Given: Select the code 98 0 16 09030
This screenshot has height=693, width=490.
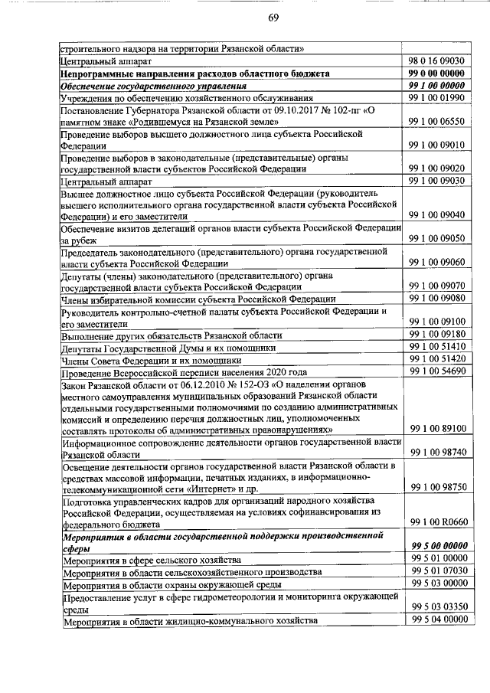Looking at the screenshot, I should pos(438,60).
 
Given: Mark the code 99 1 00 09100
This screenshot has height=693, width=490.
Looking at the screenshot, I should pos(438,321).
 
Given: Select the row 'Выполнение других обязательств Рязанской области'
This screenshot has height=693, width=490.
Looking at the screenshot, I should pos(176,335).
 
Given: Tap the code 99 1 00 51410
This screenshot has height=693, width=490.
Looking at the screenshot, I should pos(438,347).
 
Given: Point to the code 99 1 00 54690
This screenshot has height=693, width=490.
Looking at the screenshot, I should pos(438,371).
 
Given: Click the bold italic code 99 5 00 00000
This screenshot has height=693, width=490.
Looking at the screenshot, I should pos(438,546).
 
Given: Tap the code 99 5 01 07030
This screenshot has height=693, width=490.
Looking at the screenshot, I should pos(438,571).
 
